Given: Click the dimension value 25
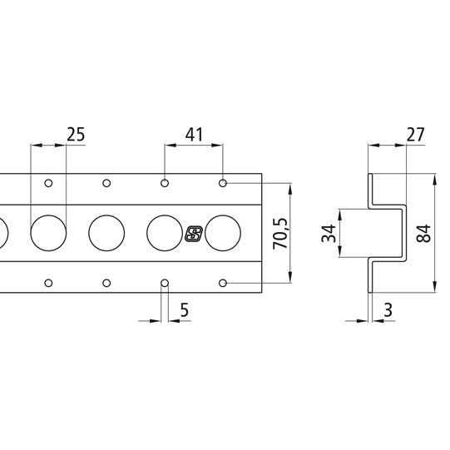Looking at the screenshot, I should click(76, 133).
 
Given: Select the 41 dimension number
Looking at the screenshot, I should click(194, 133).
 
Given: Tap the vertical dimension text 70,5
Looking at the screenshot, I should click(280, 234).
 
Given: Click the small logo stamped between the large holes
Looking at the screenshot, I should click(194, 234).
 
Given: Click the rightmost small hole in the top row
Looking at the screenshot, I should click(223, 182).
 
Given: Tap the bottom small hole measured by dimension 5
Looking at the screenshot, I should click(165, 284).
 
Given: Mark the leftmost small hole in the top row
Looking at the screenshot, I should click(48, 182).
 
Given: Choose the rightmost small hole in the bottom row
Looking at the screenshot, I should click(223, 284).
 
